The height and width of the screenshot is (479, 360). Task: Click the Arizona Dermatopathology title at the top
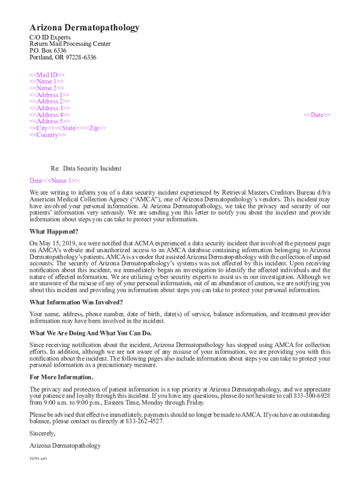click(x=84, y=28)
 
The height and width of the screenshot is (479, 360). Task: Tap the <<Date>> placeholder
click(x=317, y=115)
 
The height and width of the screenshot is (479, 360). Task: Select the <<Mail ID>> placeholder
click(x=47, y=75)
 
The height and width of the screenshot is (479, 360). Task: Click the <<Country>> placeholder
click(x=48, y=135)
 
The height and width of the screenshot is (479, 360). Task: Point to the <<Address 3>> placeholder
click(x=50, y=109)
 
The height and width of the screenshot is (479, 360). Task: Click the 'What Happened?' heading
click(x=54, y=232)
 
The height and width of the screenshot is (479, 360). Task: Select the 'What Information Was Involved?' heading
click(x=76, y=302)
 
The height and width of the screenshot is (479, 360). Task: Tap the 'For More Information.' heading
click(x=61, y=377)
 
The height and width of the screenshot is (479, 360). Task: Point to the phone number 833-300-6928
click(x=312, y=396)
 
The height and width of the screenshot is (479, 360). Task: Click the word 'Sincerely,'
click(x=43, y=433)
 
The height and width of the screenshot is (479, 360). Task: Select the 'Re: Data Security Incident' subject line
click(x=86, y=168)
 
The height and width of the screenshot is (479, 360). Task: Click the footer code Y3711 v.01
click(x=38, y=459)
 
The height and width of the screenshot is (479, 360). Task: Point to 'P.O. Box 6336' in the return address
click(x=48, y=51)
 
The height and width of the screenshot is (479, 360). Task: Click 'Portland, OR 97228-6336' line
click(x=63, y=58)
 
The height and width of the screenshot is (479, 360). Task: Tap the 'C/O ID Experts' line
click(x=50, y=37)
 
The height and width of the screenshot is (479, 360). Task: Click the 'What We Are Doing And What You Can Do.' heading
click(x=91, y=333)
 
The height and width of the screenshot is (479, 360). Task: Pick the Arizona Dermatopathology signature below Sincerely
click(x=65, y=446)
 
